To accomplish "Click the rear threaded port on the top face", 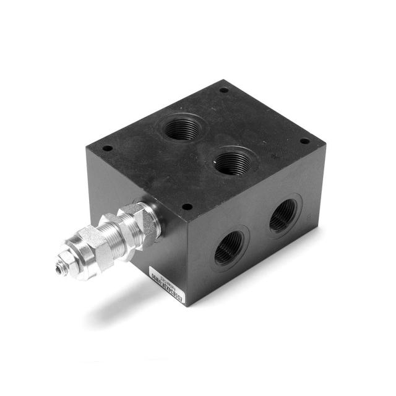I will click(179, 128).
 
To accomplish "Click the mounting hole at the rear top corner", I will click(223, 90).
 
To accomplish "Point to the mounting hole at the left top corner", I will click(107, 148).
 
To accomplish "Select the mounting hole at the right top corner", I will click(304, 141).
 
